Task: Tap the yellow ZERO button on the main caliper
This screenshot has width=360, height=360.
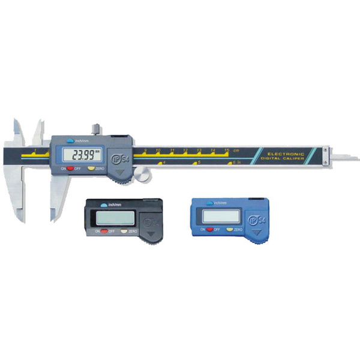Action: pyautogui.click(x=91, y=169)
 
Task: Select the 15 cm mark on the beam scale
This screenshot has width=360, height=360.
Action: pyautogui.click(x=227, y=150)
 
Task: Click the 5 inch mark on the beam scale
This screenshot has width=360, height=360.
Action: pyautogui.click(x=197, y=162)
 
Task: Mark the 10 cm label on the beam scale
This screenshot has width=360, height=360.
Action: pyautogui.click(x=158, y=150)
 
